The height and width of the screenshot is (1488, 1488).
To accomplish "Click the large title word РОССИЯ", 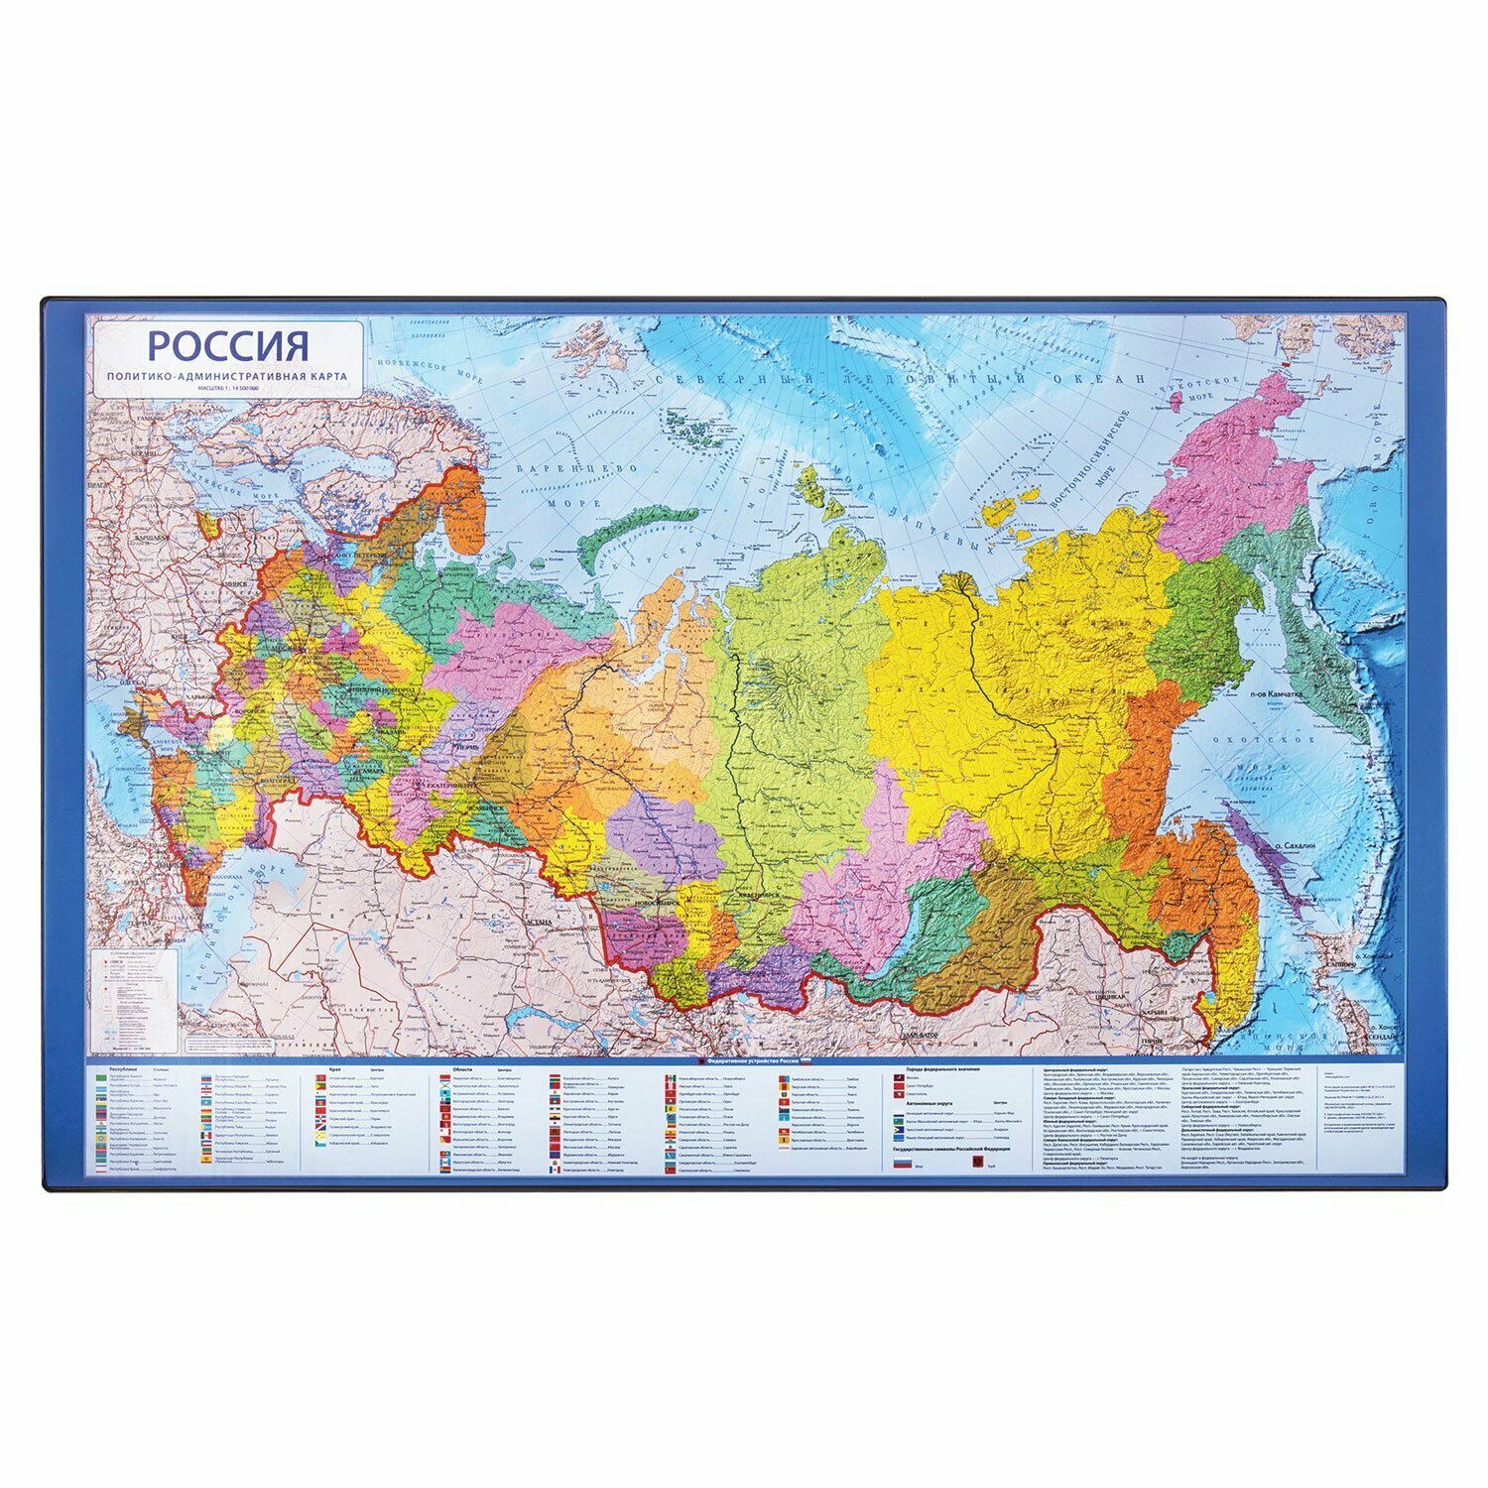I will pyautogui.click(x=227, y=346).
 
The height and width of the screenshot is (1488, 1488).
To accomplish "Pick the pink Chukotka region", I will pyautogui.click(x=1240, y=466).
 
